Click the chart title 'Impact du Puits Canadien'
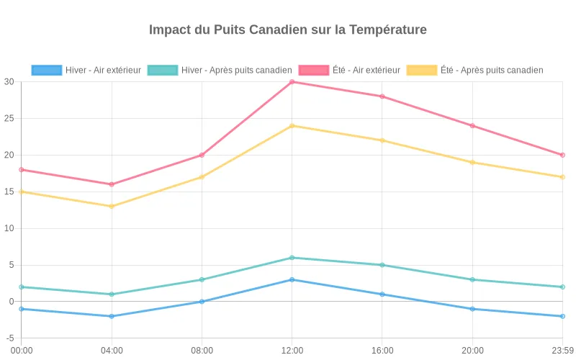click(x=288, y=30)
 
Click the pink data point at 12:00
click(x=292, y=82)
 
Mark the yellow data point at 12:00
click(x=292, y=126)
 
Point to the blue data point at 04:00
click(x=112, y=316)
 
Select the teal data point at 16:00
click(x=382, y=265)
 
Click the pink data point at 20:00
click(x=472, y=126)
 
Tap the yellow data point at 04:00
click(x=112, y=207)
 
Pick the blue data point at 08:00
click(x=202, y=302)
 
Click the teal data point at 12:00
click(x=292, y=258)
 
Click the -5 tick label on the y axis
click(x=9, y=338)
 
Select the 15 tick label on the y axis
click(x=9, y=192)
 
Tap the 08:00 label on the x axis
click(x=202, y=351)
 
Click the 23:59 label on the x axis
click(x=562, y=351)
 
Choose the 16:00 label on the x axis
click(x=382, y=351)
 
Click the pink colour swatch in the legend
click(x=313, y=70)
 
